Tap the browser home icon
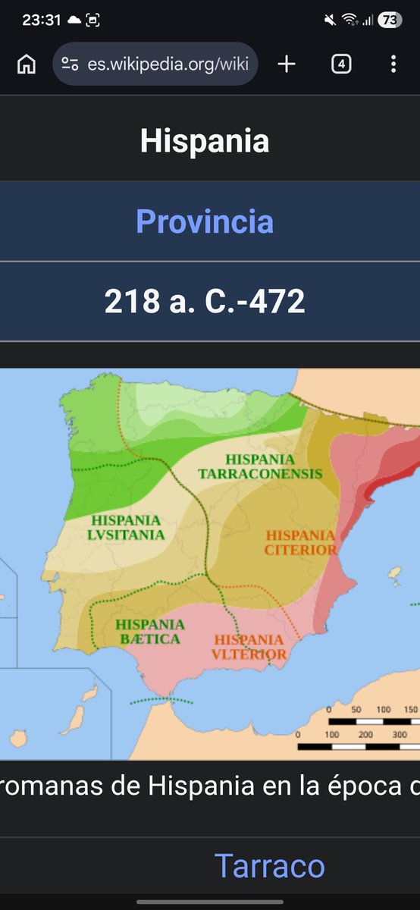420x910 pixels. [27, 64]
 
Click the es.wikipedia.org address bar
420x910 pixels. [155, 64]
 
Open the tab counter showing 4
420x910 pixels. [341, 64]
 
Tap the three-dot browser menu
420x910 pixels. [393, 64]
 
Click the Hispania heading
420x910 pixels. [205, 142]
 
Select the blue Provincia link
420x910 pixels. [205, 221]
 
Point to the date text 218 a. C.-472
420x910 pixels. [205, 302]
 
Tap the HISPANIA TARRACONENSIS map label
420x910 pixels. [260, 466]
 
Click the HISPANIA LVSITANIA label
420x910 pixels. [127, 527]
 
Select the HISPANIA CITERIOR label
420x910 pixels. [300, 542]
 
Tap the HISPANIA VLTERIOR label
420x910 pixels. [249, 647]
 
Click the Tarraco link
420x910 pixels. [269, 865]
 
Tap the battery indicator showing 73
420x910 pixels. [389, 20]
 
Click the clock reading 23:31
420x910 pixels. [41, 20]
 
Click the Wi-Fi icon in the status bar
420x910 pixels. [349, 20]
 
